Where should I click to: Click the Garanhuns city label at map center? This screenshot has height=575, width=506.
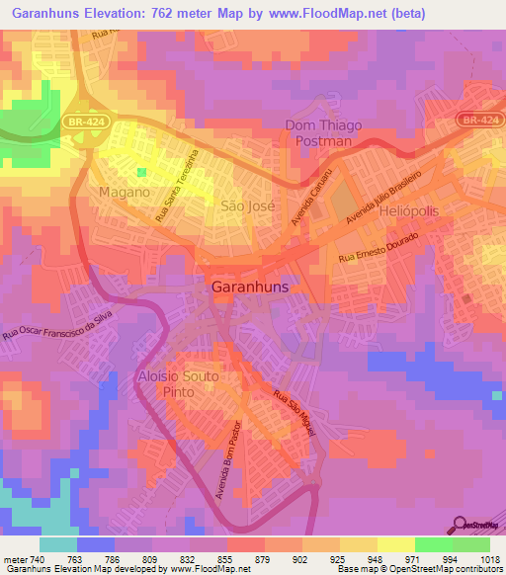click(253, 287)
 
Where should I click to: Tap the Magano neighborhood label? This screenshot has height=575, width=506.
click(125, 192)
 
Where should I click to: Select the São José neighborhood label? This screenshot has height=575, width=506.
click(246, 205)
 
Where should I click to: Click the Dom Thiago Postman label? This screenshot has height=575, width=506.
click(324, 132)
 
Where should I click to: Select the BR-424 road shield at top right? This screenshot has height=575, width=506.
click(478, 119)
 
